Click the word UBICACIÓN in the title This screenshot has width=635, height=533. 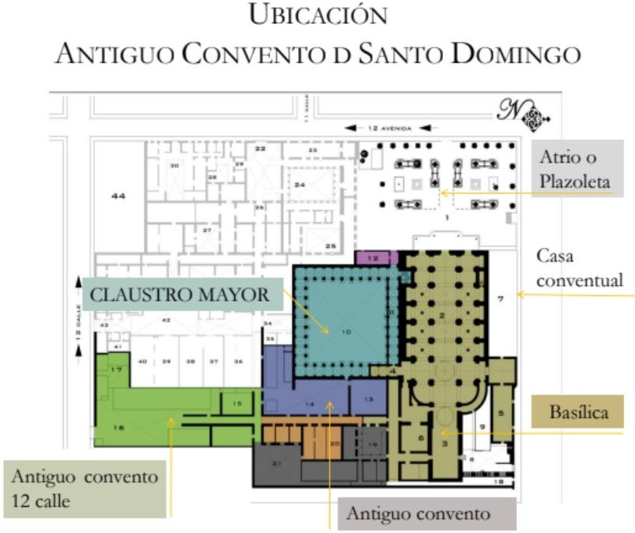[317, 16]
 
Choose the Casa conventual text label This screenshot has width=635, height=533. [581, 268]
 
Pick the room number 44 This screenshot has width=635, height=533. [118, 196]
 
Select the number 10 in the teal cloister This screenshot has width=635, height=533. [345, 332]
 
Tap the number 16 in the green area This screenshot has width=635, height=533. [119, 427]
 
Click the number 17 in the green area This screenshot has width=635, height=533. [116, 370]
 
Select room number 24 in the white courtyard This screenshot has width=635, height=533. [299, 184]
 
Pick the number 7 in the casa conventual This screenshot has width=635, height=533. [501, 298]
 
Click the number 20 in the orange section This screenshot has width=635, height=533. [335, 444]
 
